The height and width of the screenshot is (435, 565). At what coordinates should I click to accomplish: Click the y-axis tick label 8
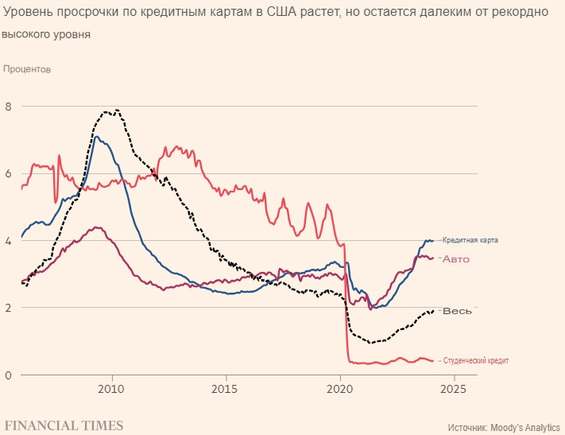pos(9,107)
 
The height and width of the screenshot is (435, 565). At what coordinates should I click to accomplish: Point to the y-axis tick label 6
pos(9,173)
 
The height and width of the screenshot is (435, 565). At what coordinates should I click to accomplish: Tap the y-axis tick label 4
pos(9,240)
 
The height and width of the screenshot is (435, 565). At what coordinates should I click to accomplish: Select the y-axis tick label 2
pos(9,308)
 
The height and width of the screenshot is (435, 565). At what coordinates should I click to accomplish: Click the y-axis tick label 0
pos(9,375)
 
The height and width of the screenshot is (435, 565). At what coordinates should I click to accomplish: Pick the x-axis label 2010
pos(111,390)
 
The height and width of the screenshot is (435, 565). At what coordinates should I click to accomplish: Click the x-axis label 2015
pos(226,390)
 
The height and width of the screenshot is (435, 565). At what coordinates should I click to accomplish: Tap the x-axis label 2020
pos(339,390)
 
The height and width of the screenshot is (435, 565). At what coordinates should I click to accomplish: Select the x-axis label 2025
pos(453,390)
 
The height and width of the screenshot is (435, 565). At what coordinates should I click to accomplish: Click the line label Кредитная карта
pos(470,240)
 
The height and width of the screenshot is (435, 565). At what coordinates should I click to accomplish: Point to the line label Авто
pos(456,259)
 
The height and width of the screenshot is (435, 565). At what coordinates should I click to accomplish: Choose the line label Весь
pos(457,310)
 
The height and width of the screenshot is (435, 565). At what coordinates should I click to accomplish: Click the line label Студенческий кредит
pos(475,361)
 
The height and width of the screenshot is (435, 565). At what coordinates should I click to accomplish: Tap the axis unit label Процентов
pos(27,69)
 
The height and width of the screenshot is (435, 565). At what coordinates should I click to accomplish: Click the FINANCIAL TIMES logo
pos(64,425)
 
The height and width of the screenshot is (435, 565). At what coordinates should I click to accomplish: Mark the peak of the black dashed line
pos(117,110)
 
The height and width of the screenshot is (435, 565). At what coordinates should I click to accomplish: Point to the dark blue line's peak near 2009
pos(96,136)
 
